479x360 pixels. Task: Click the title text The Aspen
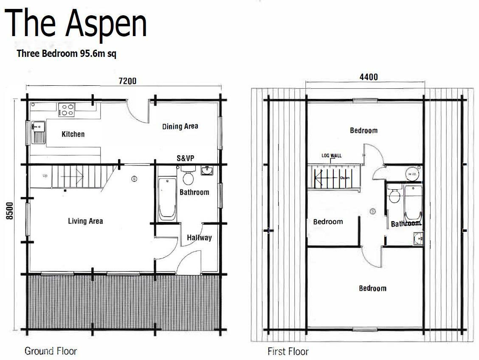tap(77, 24)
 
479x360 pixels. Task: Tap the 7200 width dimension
tap(127, 81)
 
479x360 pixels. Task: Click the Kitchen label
tap(73, 134)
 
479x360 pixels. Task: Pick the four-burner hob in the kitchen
tap(67, 110)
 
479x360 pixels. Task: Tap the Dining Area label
tap(180, 126)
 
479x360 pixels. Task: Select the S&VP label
tap(186, 157)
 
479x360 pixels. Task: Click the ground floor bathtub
tap(167, 199)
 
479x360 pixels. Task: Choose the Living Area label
tap(85, 221)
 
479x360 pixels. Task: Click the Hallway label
tap(199, 238)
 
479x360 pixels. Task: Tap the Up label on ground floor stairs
tap(45, 176)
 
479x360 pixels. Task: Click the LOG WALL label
tap(332, 156)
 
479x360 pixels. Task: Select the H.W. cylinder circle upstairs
tap(412, 174)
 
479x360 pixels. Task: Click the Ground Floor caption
tap(51, 351)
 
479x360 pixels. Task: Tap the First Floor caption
tap(288, 352)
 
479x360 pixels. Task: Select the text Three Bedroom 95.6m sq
tap(66, 54)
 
